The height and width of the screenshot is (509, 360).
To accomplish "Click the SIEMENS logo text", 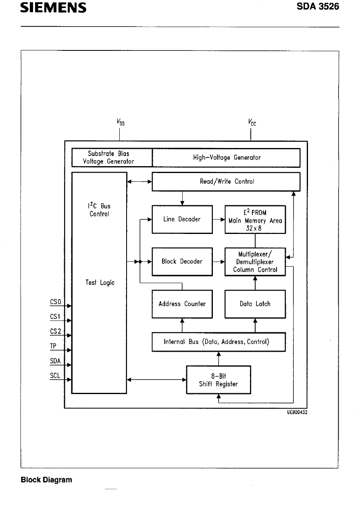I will [x=54, y=8].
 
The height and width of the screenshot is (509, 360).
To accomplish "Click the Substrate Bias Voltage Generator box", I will [x=112, y=158].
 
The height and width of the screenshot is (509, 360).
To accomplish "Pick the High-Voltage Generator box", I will [x=226, y=158].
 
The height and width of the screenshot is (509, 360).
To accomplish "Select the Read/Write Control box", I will [x=226, y=181].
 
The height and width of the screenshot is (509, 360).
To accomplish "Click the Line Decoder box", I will [x=182, y=219].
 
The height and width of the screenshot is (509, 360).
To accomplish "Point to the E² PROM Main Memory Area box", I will [x=255, y=219].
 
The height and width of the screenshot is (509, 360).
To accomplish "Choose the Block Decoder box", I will [x=182, y=262].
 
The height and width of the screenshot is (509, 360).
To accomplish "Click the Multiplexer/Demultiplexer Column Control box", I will [x=255, y=262].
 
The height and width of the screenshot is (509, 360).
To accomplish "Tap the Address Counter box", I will [x=182, y=304].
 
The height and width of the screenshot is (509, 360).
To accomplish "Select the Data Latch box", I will [x=255, y=304].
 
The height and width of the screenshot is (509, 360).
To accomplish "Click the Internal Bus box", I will [x=218, y=342].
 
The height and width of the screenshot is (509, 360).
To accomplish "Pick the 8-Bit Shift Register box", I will [x=218, y=380].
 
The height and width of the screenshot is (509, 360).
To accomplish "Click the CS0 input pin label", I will [x=55, y=302].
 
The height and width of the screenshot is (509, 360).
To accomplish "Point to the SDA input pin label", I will [x=55, y=361].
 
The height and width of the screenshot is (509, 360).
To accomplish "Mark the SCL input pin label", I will [x=55, y=376].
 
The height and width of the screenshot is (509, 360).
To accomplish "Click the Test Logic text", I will [x=100, y=283].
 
